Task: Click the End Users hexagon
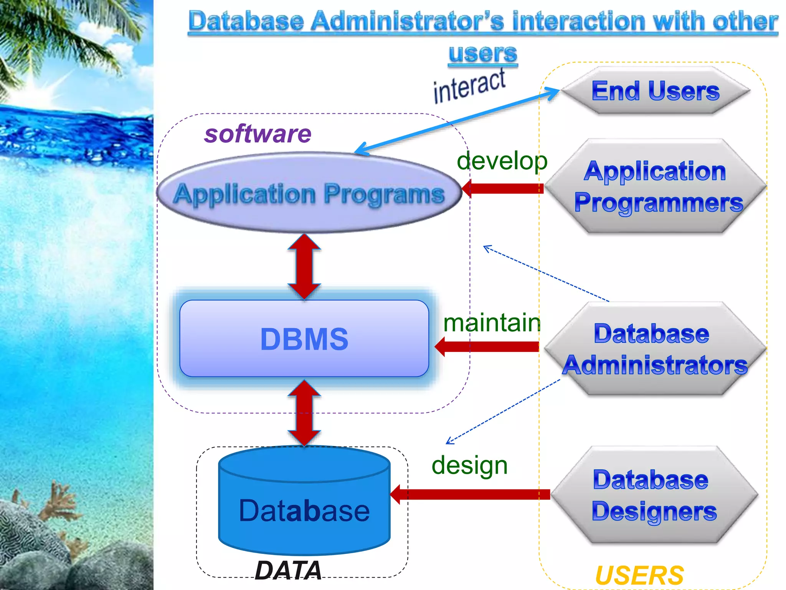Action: tap(656, 91)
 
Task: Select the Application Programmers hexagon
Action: tap(656, 187)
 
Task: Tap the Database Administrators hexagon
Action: tap(655, 349)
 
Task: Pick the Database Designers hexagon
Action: tap(654, 495)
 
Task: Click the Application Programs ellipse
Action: tap(309, 193)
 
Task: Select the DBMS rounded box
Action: tap(304, 338)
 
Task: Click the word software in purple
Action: tap(258, 134)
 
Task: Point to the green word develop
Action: tap(502, 161)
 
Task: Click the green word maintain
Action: tap(492, 323)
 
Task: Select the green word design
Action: tap(469, 466)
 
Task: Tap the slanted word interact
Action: tap(469, 86)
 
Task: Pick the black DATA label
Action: tap(288, 570)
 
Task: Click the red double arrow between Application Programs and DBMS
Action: tap(304, 266)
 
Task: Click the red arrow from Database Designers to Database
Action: tap(470, 494)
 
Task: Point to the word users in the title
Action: tap(483, 53)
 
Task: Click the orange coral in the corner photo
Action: tap(58, 503)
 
